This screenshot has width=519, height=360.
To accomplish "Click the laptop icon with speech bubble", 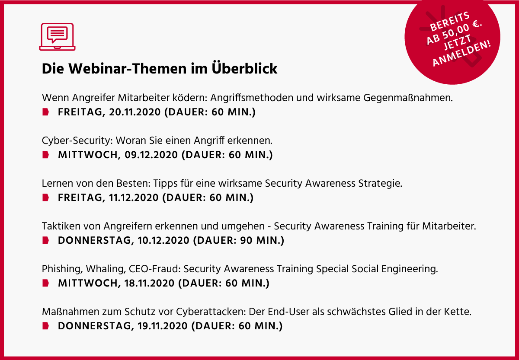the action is [57, 37].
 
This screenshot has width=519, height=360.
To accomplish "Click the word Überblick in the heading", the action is [244, 69].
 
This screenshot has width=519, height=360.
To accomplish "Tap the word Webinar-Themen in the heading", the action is [128, 69].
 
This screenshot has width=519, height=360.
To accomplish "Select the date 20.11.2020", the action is [135, 112].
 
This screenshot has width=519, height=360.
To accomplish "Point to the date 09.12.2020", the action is [151, 155].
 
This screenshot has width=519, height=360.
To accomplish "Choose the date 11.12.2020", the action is [134, 198].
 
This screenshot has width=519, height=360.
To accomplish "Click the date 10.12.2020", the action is [163, 241].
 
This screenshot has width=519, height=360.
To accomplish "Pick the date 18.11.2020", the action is [149, 284].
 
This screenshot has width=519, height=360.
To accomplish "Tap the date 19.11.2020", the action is [163, 326].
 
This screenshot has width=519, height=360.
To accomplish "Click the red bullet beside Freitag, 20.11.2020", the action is [46, 112].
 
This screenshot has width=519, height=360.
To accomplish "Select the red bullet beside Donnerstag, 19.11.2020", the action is [46, 326].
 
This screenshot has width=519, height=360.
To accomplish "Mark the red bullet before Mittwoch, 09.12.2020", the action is [46, 155].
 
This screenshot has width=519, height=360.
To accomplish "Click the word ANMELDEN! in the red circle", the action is [461, 53].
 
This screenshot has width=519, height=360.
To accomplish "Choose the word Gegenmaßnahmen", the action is [408, 98].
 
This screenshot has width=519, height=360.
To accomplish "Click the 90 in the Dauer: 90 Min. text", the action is [246, 241].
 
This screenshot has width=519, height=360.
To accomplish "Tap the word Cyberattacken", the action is [210, 312].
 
